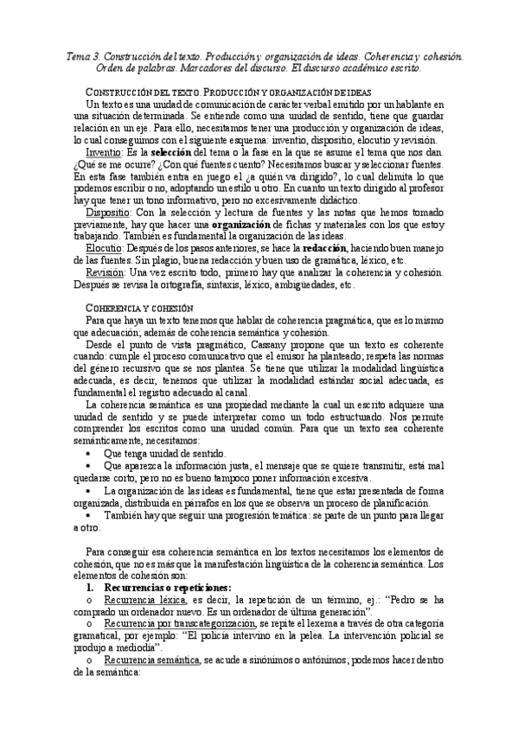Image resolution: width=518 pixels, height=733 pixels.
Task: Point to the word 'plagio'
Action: (x=176, y=260)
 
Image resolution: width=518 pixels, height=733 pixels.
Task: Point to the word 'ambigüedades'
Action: (x=303, y=284)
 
